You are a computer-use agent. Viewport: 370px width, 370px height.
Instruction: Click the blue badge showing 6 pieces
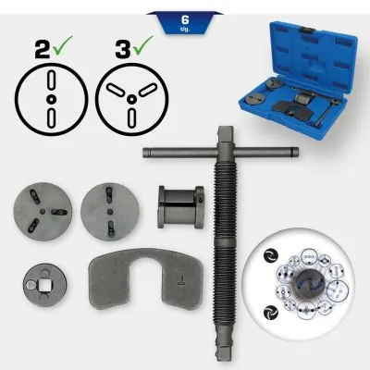pos(184,20)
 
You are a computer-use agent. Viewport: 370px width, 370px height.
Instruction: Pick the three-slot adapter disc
pos(38,209)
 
